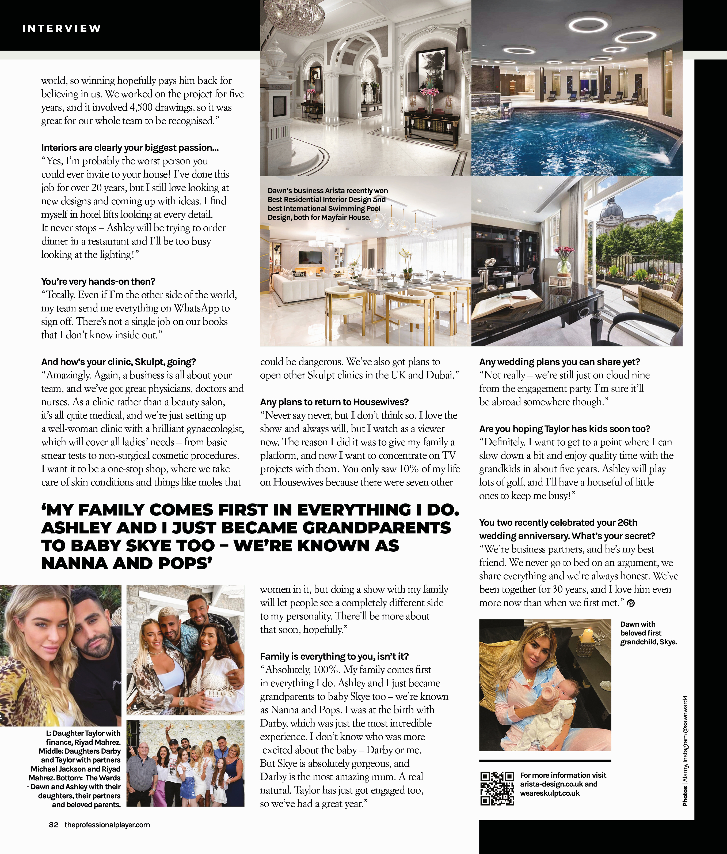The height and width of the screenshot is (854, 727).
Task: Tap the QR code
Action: [x=497, y=788]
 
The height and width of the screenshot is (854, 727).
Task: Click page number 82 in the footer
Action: [x=54, y=825]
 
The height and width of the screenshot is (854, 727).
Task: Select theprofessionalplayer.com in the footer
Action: [x=107, y=825]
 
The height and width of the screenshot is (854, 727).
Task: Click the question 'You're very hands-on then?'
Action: [x=98, y=281]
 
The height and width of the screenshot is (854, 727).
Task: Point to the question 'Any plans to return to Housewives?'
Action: [x=334, y=402]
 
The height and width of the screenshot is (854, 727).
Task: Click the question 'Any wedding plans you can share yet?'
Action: [x=559, y=362]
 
